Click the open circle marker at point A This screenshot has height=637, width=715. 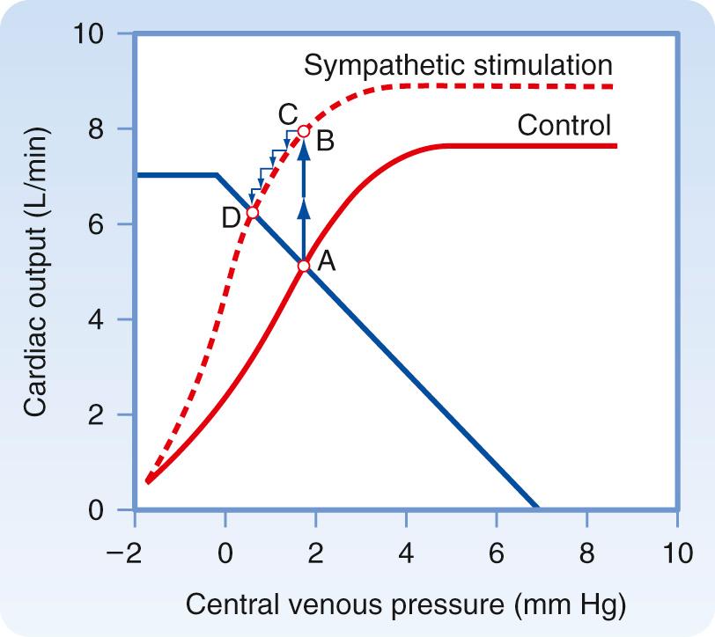304,266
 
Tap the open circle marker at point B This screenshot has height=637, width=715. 304,131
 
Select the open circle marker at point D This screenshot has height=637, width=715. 253,213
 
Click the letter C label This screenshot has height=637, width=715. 286,113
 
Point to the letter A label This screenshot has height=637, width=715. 326,260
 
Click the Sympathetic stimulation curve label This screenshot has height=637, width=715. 457,65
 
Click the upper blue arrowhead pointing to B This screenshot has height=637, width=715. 304,148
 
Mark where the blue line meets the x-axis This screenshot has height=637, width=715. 536,509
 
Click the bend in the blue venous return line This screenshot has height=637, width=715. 217,175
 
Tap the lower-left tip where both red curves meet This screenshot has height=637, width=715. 148,480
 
